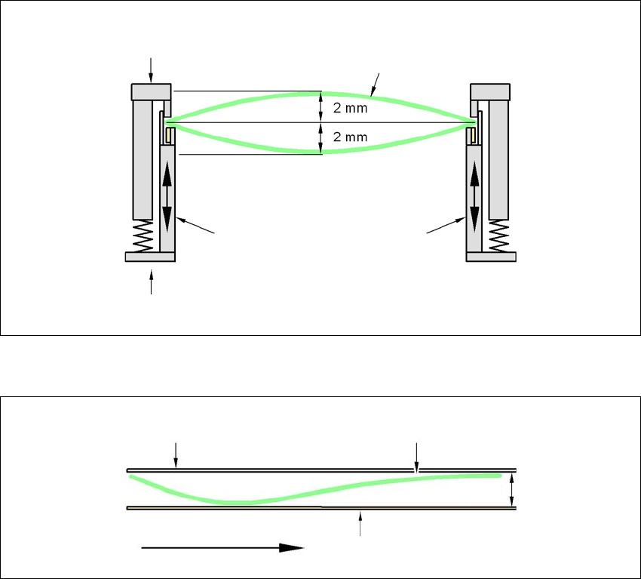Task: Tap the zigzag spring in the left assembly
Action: [143, 237]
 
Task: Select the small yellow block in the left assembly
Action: [170, 135]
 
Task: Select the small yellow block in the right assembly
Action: [471, 135]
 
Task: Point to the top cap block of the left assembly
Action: [152, 91]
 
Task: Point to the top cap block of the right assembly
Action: [490, 91]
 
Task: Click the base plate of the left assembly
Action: [150, 257]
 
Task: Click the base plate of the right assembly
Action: [491, 257]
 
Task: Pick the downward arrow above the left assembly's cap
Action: [152, 69]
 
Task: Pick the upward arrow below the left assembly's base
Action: [152, 283]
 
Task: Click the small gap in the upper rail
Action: [417, 470]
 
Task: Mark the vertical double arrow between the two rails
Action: [512, 488]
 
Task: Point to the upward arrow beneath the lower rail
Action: [360, 523]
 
